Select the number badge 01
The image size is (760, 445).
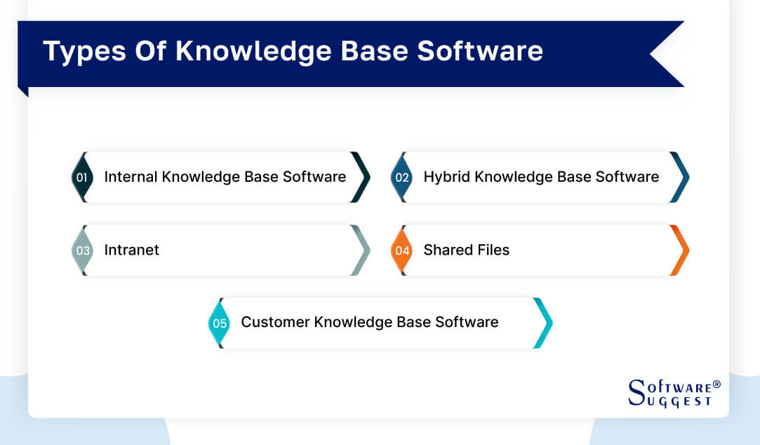(x=81, y=178)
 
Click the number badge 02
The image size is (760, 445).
(x=401, y=178)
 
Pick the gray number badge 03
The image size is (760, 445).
(x=82, y=251)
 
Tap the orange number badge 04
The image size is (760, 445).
(x=401, y=251)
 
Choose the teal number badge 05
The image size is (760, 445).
(x=220, y=324)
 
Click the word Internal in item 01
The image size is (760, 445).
(x=131, y=177)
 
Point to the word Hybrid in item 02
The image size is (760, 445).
(x=447, y=177)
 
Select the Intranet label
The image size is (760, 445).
(x=132, y=250)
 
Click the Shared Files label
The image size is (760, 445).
(x=466, y=250)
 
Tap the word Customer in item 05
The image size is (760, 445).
(x=275, y=322)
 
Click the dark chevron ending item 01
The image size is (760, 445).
(x=361, y=178)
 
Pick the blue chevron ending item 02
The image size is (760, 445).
(x=680, y=178)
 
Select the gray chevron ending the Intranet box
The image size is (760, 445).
(x=361, y=251)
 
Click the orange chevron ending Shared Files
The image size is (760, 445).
(x=680, y=251)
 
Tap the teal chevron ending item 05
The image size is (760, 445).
(x=543, y=324)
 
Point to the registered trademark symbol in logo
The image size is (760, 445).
(x=716, y=385)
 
